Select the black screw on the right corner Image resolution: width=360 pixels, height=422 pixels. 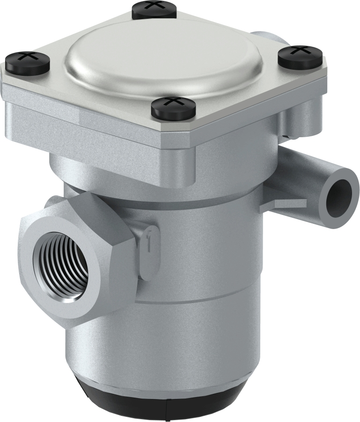tap(301, 56)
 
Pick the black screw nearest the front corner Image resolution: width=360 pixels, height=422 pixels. tap(173, 107)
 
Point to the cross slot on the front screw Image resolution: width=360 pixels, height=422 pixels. tap(173, 101)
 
